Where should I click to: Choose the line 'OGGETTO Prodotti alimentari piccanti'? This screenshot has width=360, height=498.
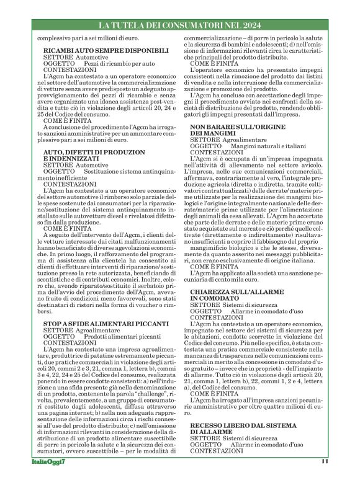point(93,337)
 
